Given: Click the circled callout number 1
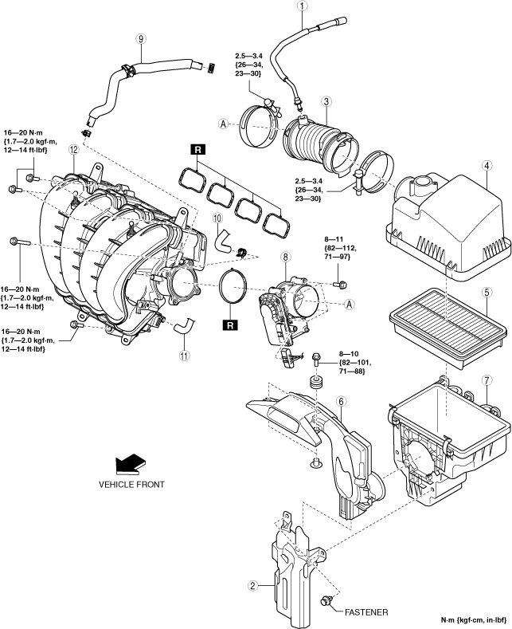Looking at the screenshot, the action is click(303, 6).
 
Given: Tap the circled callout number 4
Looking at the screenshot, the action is click(487, 165).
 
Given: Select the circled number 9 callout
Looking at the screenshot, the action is click(141, 38).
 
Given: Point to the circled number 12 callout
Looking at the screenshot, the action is click(74, 149).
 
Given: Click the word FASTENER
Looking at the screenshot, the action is click(366, 612).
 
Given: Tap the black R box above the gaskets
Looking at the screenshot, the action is click(198, 150).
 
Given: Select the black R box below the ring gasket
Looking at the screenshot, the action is click(230, 325).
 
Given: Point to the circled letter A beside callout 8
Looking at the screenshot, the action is click(350, 305).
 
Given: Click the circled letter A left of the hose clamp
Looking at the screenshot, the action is click(223, 124).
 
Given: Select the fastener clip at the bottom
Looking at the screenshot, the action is click(326, 611).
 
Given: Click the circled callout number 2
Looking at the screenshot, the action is click(252, 586).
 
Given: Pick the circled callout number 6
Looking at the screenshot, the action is click(342, 401).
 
